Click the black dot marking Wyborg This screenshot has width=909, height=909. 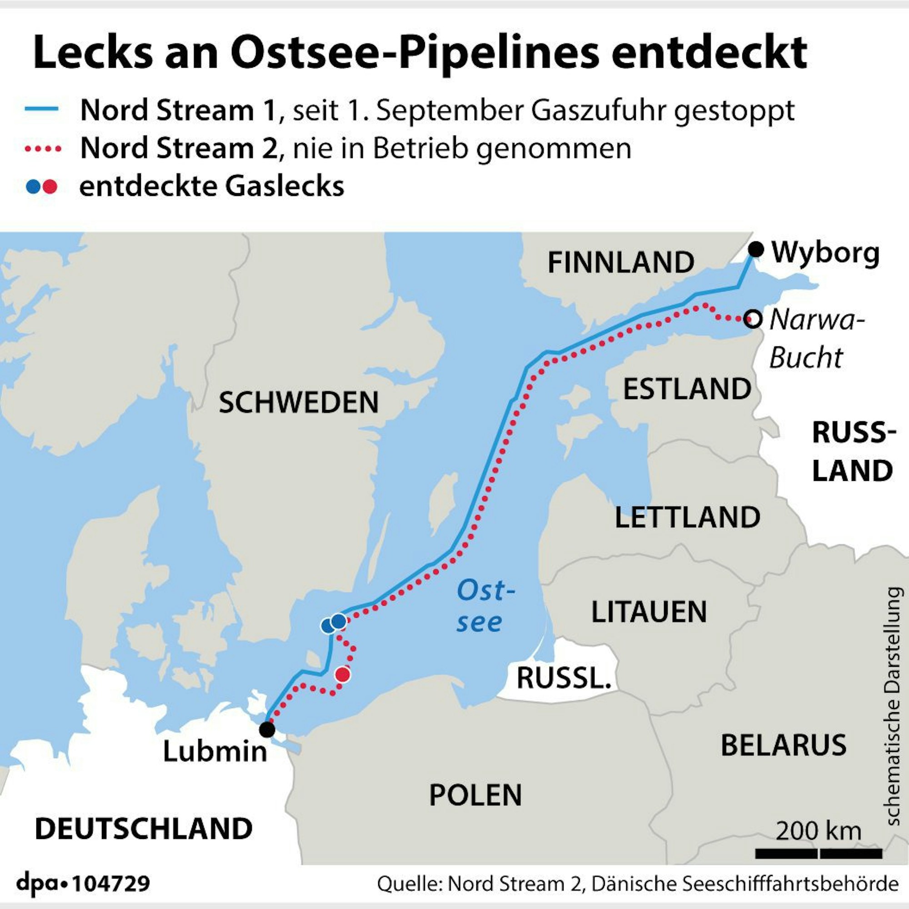click(756, 250)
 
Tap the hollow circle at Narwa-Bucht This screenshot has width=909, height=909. click(753, 320)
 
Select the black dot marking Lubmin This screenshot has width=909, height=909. click(267, 730)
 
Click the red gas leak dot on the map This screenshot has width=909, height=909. click(343, 674)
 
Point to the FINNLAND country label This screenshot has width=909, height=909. click(620, 262)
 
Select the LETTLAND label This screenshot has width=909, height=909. click(687, 517)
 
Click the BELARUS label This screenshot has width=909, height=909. click(784, 745)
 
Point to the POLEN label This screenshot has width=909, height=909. click(475, 795)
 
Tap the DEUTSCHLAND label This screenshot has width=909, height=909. click(144, 842)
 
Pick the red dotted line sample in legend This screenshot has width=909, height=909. click(42, 149)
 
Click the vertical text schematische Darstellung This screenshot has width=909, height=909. click(894, 706)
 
